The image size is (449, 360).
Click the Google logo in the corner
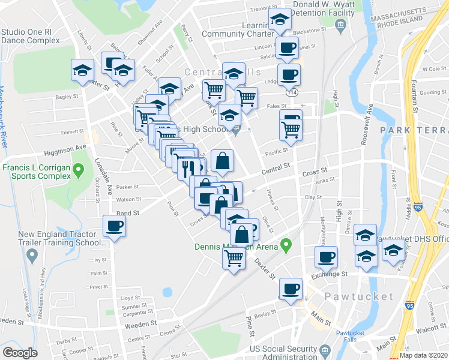(19, 353)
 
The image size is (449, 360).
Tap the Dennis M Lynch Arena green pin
(287, 245)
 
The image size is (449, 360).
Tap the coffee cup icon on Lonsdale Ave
(114, 227)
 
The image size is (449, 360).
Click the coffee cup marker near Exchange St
(326, 257)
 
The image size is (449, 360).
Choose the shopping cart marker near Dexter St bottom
(234, 259)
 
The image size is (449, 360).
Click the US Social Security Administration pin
(325, 349)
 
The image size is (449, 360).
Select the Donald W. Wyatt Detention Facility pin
(340, 25)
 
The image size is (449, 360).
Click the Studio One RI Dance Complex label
(30, 36)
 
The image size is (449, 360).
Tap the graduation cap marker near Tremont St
(279, 20)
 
